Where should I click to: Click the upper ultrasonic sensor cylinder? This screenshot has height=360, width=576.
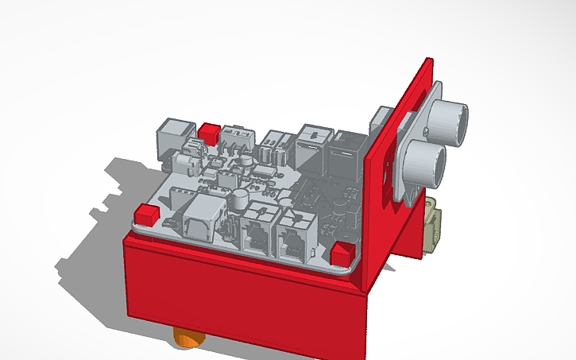pos(452,119)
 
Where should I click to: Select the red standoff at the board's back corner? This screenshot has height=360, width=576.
pos(210,133)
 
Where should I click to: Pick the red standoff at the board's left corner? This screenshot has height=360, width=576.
pos(145,214)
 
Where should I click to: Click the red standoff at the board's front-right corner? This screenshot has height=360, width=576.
pos(341,253)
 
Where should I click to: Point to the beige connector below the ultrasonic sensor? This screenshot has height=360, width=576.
pos(432,226)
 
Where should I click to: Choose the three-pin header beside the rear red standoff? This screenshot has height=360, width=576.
pos(234,137)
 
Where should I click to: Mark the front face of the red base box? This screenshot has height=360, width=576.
pos(238,294)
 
